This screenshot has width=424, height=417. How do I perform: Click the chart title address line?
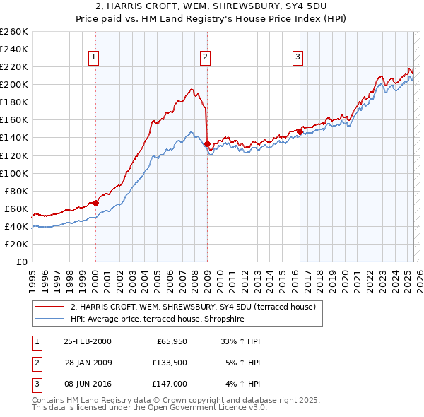click(211, 6)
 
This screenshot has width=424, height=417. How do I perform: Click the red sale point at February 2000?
click(95, 203)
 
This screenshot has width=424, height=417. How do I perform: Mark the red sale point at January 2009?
click(207, 143)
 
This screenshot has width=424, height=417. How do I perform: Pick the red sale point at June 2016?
click(300, 131)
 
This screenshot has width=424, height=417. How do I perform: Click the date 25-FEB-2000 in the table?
click(87, 341)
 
